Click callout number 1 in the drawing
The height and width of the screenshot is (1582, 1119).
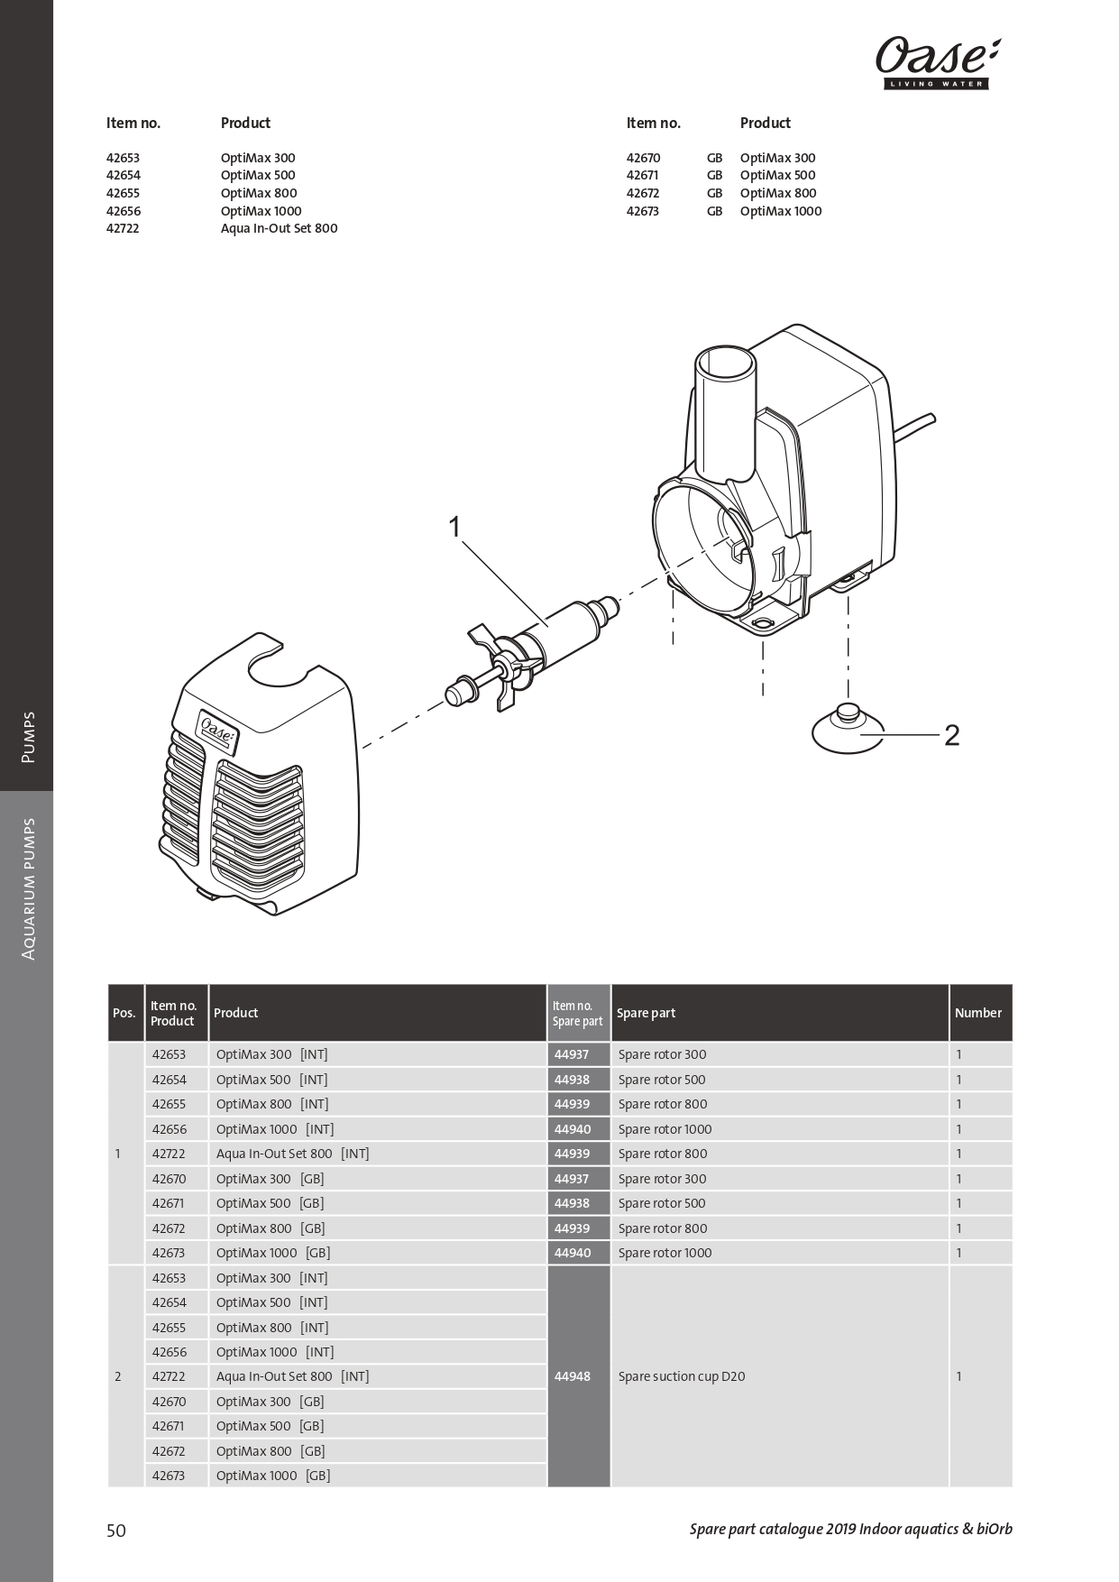tap(454, 527)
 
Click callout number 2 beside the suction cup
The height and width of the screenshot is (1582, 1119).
tap(951, 736)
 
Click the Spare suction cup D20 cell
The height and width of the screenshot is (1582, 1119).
tap(682, 1376)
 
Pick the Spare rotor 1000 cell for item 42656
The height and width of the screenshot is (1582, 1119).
tap(665, 1129)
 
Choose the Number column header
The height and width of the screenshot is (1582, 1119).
tap(978, 1013)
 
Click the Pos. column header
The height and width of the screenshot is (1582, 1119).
tap(124, 1013)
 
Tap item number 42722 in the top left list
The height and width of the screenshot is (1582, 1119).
tap(123, 228)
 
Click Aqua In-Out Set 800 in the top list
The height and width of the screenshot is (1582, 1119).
tap(279, 228)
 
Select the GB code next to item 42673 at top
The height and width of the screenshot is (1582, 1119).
tap(714, 211)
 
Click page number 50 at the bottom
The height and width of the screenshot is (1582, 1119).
tap(116, 1531)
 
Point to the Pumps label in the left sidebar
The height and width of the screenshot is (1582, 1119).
tap(28, 738)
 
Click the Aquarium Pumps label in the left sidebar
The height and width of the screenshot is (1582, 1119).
tap(28, 888)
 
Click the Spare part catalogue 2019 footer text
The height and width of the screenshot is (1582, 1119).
tap(850, 1529)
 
